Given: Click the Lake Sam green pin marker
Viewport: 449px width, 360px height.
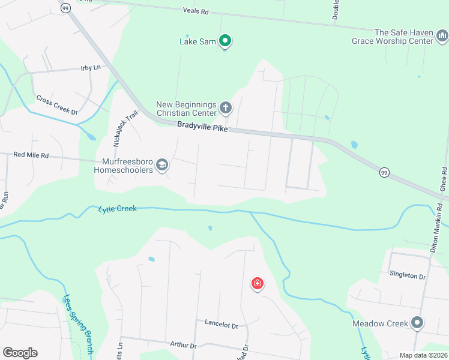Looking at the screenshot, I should click(225, 41).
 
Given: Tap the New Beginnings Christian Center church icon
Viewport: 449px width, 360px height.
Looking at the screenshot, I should click(226, 108).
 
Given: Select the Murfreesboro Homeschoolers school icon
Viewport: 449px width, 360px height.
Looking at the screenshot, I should click(161, 164).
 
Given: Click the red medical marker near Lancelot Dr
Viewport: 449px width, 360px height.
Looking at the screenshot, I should click(257, 283).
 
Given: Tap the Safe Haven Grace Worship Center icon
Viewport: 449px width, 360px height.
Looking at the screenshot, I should click(442, 37).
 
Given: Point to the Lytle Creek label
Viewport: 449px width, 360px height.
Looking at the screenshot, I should click(117, 209).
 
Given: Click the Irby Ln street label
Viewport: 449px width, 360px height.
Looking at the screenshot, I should click(91, 68).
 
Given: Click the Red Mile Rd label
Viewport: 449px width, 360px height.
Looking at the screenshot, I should click(31, 155).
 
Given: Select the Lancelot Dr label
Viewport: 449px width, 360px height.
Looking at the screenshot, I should click(221, 325).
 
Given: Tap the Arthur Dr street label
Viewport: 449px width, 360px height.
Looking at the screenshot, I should click(184, 345).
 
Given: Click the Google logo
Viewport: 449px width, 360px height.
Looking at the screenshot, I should click(20, 353).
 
